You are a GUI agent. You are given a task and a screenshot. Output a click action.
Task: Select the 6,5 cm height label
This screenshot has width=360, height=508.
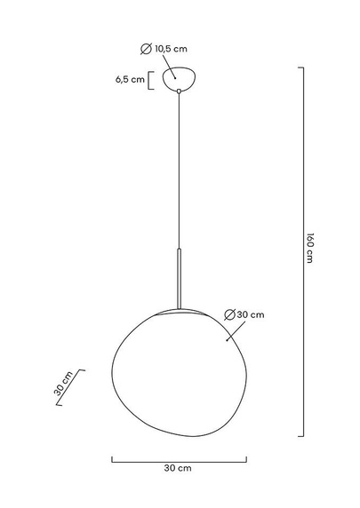[130, 79]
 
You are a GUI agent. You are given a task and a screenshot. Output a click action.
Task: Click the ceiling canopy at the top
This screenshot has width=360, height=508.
[180, 77]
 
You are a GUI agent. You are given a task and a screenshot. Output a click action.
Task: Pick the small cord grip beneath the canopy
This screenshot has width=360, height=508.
[180, 90]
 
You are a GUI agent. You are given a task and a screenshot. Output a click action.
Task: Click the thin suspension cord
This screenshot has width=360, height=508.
[180, 169]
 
